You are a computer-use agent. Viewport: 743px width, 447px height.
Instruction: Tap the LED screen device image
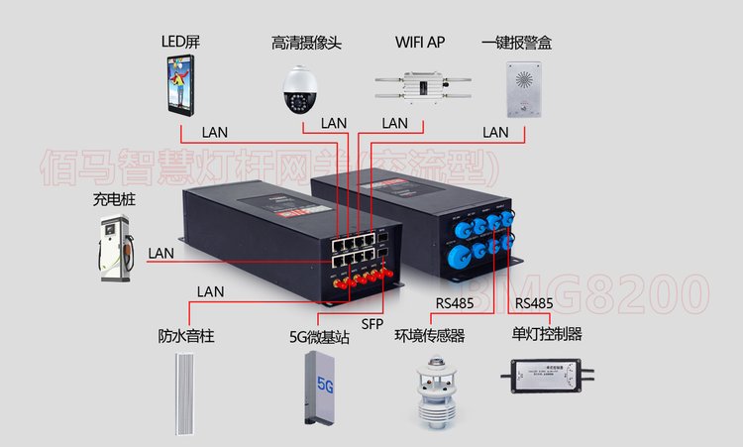[180, 87]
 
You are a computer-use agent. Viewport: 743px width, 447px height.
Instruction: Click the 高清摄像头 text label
[306, 43]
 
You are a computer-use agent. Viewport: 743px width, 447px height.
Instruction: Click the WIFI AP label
[420, 43]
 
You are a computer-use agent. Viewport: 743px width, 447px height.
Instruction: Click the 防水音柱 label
[186, 335]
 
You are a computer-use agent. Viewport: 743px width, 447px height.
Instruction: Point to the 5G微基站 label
[320, 335]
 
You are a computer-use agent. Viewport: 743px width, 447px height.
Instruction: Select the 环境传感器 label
[429, 335]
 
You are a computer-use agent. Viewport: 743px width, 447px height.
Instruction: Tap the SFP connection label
[372, 324]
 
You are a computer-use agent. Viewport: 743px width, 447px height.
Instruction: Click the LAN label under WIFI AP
[394, 123]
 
